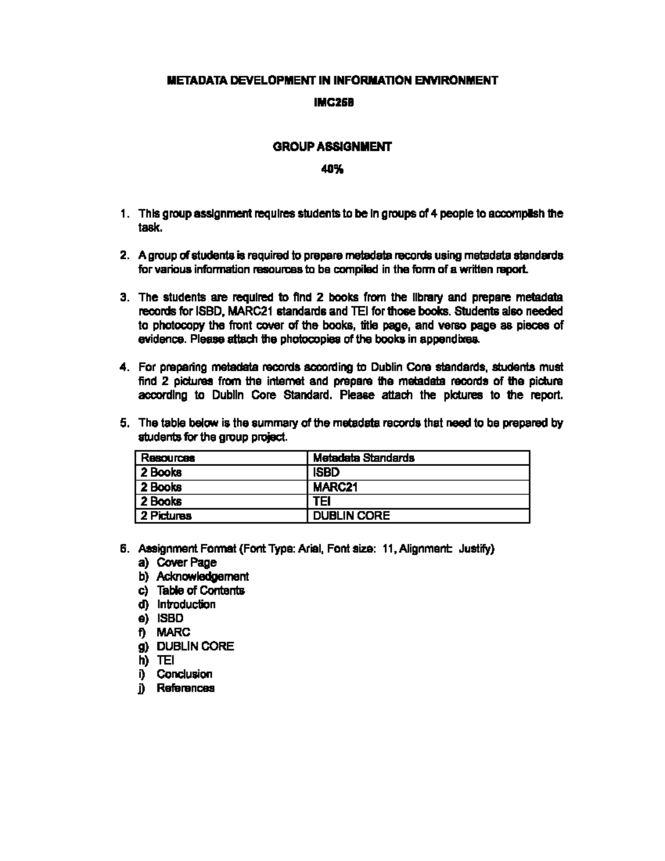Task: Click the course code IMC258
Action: [332, 103]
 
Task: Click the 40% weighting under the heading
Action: [332, 170]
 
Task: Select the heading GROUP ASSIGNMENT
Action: [332, 147]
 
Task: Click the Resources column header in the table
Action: [167, 458]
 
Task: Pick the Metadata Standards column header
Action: [364, 458]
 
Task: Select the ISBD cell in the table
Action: [326, 472]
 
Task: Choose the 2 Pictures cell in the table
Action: [166, 516]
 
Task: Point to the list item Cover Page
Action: [186, 563]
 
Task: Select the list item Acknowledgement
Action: [202, 577]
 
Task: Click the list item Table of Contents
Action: [200, 590]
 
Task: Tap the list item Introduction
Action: [186, 604]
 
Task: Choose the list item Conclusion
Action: [184, 674]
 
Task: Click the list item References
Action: [185, 688]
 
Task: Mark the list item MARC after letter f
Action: [173, 632]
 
